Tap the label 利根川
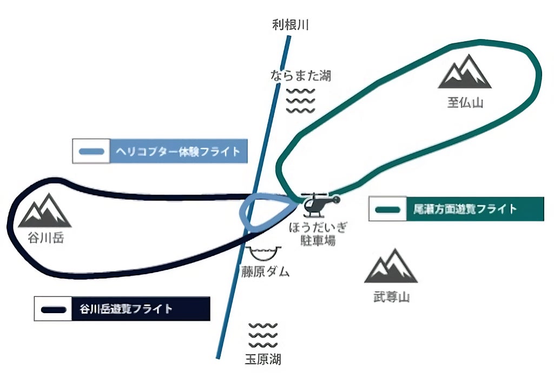[x=291, y=24]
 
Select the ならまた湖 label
[x=300, y=76]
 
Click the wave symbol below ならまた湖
[x=300, y=100]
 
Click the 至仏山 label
[x=464, y=103]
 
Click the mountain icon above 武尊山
[x=391, y=267]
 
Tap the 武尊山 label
[x=391, y=297]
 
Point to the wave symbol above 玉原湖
[x=263, y=336]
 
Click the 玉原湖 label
[x=263, y=359]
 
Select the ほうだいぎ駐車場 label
[x=318, y=234]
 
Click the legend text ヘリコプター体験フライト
[x=179, y=151]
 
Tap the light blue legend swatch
[x=92, y=152]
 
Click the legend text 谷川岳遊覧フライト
[x=126, y=309]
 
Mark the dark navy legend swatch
[x=54, y=309]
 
